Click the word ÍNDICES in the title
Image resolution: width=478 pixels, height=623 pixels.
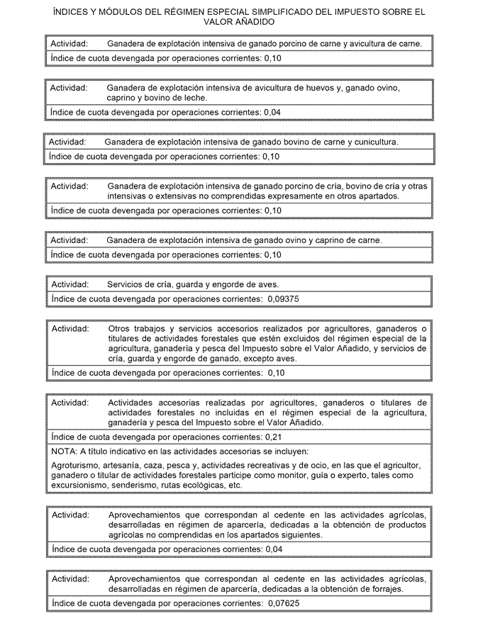click(x=70, y=12)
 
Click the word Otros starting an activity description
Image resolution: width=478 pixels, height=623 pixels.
click(x=121, y=329)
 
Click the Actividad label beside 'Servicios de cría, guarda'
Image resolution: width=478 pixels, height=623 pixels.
click(x=69, y=284)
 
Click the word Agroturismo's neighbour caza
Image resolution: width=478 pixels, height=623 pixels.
click(x=165, y=465)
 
